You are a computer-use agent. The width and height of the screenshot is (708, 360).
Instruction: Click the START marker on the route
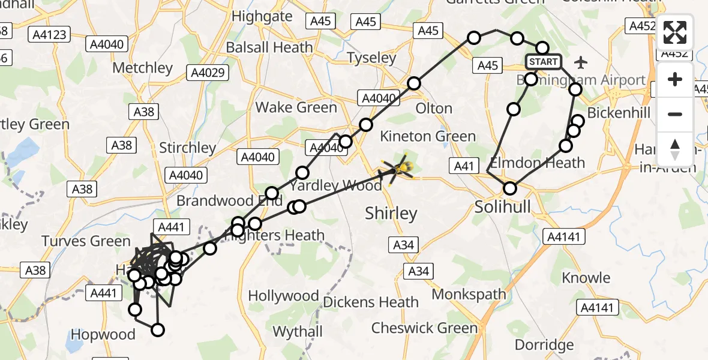coord(544,62)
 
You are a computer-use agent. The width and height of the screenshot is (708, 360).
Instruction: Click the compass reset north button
coord(675,149)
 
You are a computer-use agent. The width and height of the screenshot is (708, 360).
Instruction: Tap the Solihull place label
coord(503,207)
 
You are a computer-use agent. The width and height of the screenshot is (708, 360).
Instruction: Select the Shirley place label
coord(391,213)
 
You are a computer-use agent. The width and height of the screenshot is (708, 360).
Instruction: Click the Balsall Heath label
coord(269,47)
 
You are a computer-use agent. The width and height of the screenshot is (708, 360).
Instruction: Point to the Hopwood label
coord(103,334)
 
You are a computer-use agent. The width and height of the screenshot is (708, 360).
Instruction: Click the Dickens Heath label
coord(371,302)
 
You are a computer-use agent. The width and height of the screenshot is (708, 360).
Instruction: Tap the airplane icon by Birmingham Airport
coord(580,62)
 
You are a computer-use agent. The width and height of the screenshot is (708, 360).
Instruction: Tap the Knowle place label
coord(586,278)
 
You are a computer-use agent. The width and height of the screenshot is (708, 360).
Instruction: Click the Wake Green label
coord(296,107)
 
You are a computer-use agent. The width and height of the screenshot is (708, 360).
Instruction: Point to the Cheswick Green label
coord(424,328)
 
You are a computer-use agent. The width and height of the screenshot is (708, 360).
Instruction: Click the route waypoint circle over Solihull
coord(509,188)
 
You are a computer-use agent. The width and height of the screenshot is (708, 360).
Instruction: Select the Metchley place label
coord(142,68)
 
